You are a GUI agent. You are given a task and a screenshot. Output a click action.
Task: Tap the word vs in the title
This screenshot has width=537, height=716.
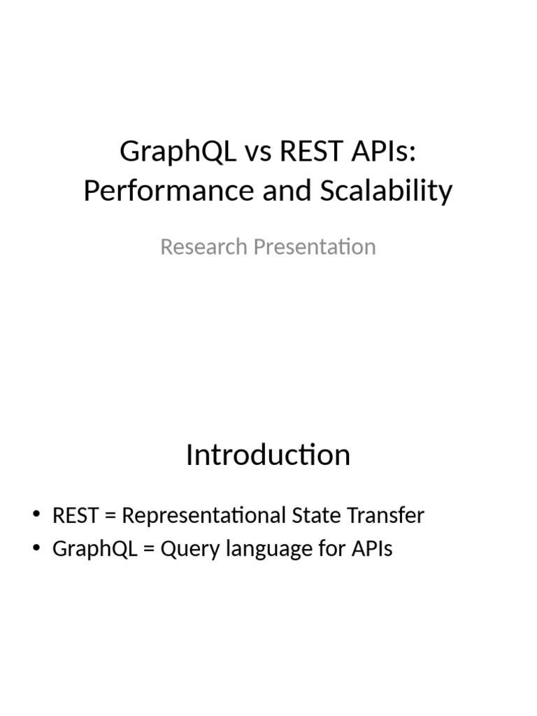(258, 152)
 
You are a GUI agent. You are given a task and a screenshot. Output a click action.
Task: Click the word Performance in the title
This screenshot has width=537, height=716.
(169, 190)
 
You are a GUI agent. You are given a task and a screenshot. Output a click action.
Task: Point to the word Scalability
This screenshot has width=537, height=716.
(386, 192)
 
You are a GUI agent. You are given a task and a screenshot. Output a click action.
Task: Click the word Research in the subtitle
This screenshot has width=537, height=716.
(203, 247)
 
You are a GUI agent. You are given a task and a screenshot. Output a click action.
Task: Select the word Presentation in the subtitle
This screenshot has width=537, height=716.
(315, 248)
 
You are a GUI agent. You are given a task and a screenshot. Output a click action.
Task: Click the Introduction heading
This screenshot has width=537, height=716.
(268, 454)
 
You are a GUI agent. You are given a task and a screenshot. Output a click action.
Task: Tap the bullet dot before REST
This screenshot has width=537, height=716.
(36, 513)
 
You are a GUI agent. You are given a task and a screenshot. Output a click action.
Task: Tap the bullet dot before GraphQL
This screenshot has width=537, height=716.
(36, 546)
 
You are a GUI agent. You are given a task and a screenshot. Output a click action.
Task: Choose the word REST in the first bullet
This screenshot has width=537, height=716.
(76, 515)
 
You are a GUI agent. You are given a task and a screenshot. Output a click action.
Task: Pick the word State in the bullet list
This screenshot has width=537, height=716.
(316, 515)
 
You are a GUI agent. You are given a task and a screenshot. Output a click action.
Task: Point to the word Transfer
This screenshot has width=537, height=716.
(385, 515)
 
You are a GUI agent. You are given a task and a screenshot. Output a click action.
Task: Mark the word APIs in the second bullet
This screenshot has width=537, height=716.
(372, 548)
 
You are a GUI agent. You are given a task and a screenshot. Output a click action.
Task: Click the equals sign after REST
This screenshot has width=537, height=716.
(110, 516)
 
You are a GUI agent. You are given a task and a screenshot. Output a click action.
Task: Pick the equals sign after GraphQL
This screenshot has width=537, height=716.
(148, 549)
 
